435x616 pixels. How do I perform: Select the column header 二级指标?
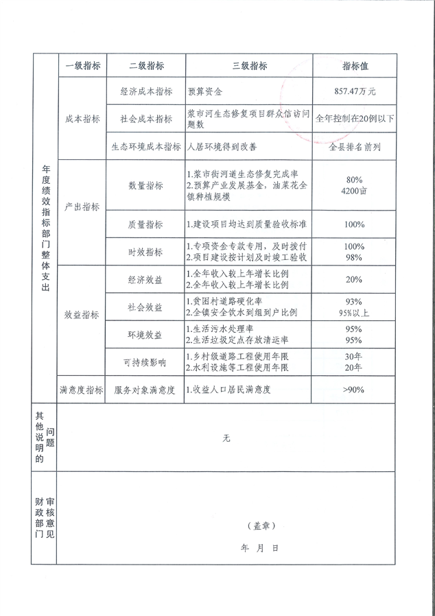click(146, 66)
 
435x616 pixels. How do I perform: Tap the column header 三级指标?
click(250, 66)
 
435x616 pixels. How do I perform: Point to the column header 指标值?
click(355, 66)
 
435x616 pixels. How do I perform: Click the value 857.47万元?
click(355, 91)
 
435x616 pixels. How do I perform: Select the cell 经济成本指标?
click(146, 91)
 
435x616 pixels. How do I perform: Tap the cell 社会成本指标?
click(146, 119)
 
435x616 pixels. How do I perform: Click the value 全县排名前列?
click(355, 146)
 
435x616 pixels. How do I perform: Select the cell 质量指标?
click(146, 224)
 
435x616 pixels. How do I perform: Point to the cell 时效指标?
click(146, 252)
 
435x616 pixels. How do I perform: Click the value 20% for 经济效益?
click(355, 279)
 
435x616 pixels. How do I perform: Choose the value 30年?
click(355, 357)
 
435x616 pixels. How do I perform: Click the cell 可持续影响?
click(146, 362)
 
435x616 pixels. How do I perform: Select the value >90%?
click(355, 390)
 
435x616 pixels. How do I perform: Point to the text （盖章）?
click(261, 525)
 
